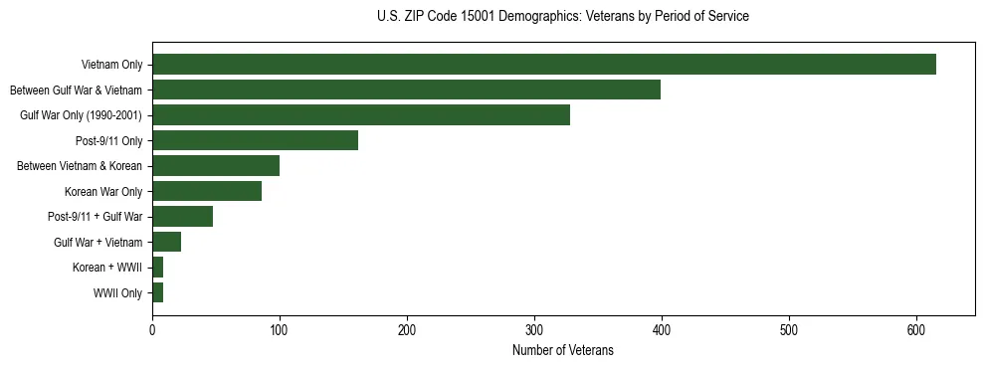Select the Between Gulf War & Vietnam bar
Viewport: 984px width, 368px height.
pyautogui.click(x=406, y=90)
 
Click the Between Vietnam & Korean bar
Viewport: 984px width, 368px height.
pyautogui.click(x=216, y=166)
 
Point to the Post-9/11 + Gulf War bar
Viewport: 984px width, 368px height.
pyautogui.click(x=182, y=217)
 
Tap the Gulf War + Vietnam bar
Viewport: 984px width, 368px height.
pyautogui.click(x=166, y=242)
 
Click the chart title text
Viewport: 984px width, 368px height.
pyautogui.click(x=563, y=17)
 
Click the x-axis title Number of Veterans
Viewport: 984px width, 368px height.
pyautogui.click(x=563, y=351)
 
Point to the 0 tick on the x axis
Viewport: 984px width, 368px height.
pyautogui.click(x=152, y=331)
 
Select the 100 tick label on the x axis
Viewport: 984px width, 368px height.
pyautogui.click(x=280, y=331)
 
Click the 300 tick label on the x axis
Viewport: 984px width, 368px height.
pyautogui.click(x=534, y=331)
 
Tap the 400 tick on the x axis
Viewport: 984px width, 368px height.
pyautogui.click(x=662, y=331)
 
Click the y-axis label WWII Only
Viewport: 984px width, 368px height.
pyautogui.click(x=117, y=293)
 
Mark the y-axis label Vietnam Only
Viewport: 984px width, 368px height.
pyautogui.click(x=111, y=65)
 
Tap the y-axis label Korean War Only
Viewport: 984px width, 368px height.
pyautogui.click(x=103, y=191)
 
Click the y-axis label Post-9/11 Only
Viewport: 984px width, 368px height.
pyautogui.click(x=109, y=140)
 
